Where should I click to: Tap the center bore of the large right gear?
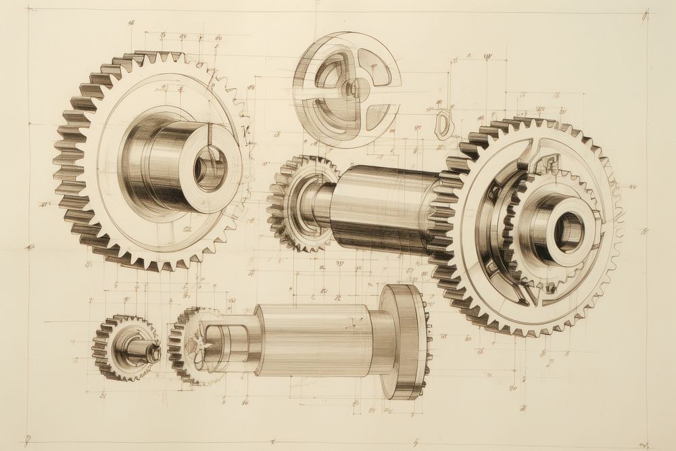click(x=569, y=231)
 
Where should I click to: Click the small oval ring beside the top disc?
click(x=443, y=124)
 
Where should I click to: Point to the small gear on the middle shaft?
click(x=297, y=203)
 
